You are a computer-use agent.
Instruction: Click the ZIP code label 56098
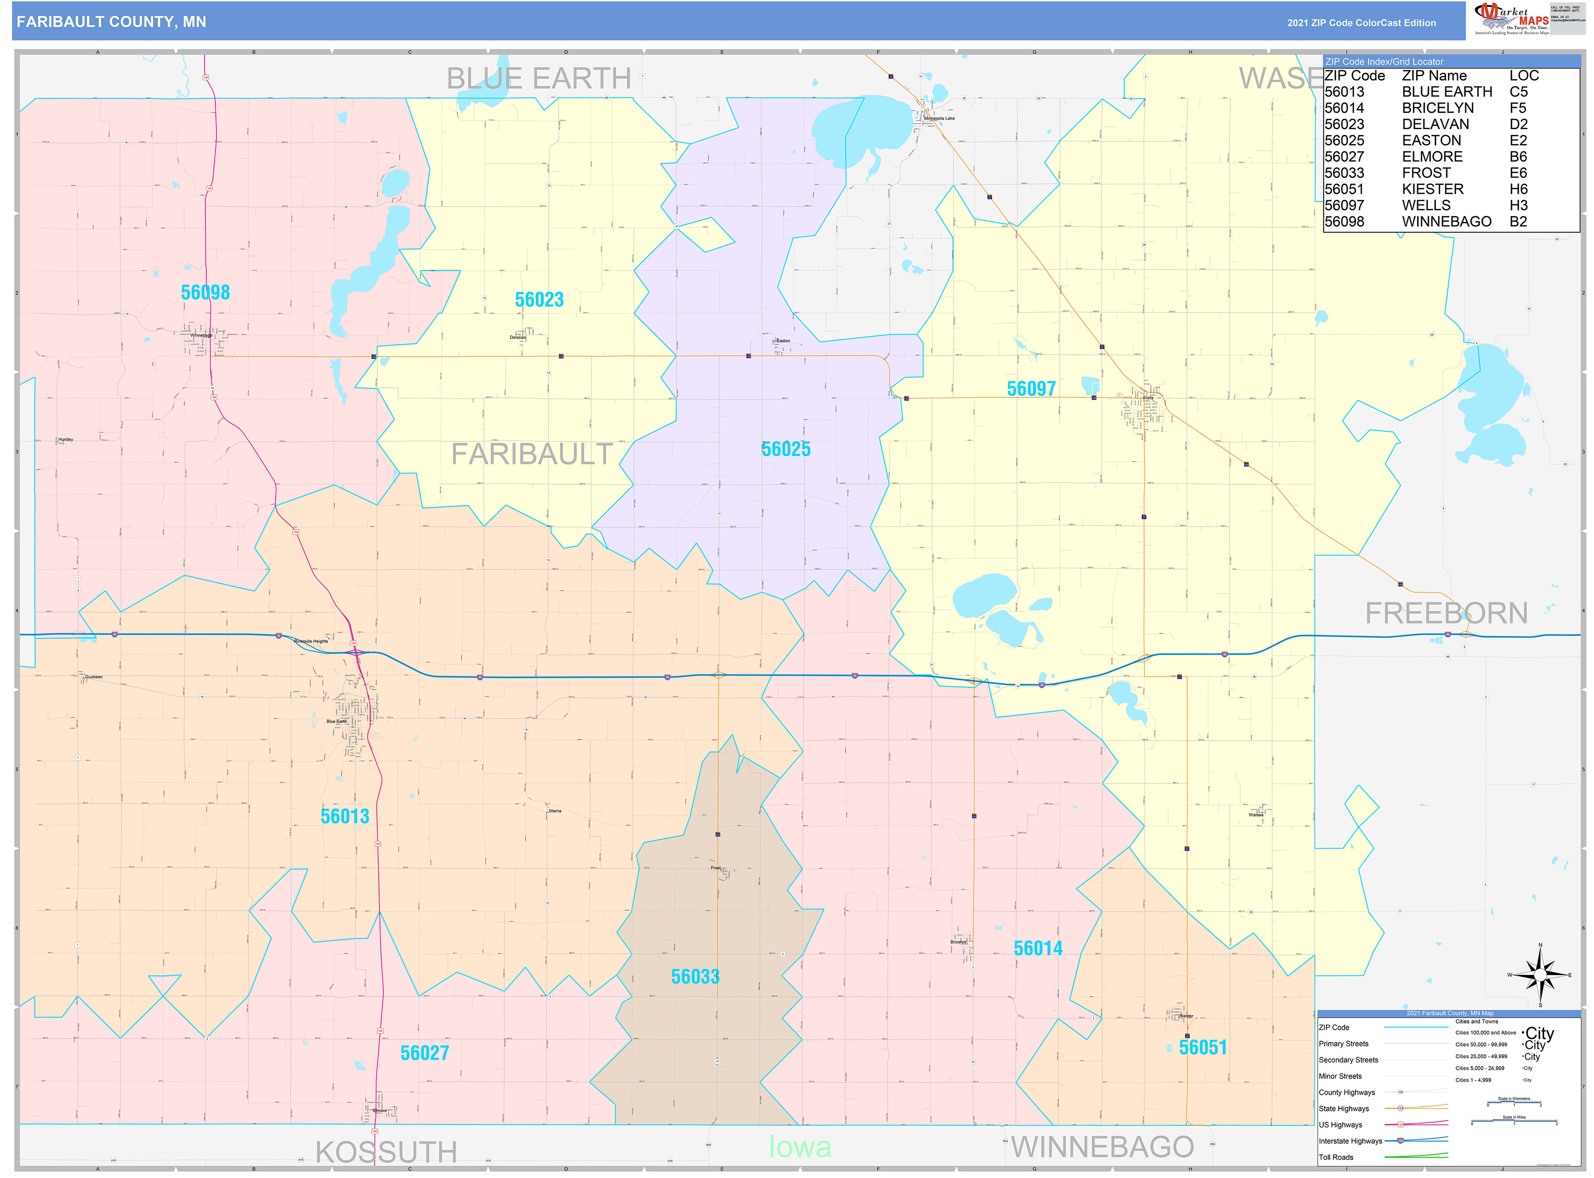[x=205, y=292]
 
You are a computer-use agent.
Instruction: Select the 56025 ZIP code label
[x=785, y=449]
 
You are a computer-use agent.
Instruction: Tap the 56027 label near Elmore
[x=424, y=1053]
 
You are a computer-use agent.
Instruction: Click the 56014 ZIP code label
[x=1038, y=948]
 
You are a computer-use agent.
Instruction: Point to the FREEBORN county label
[x=1446, y=613]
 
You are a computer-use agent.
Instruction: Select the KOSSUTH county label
[x=386, y=1152]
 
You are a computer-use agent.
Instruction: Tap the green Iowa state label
[x=800, y=1147]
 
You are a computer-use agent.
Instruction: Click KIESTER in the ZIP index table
[x=1432, y=189]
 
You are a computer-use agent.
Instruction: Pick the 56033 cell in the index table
[x=1344, y=173]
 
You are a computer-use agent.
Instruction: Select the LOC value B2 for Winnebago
[x=1518, y=222]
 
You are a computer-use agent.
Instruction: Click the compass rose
[x=1539, y=974]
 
